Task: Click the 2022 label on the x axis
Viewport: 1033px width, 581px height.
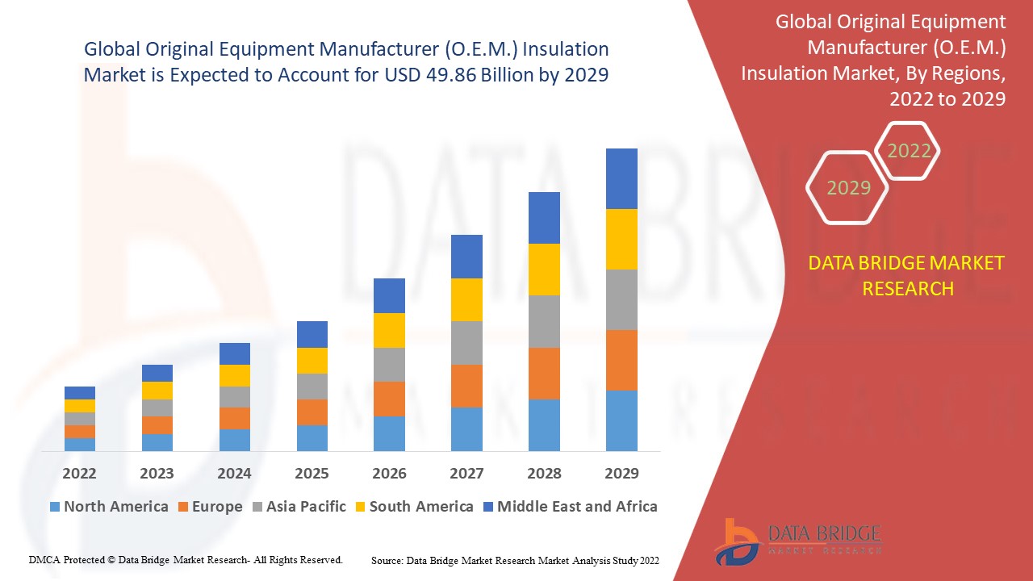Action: tap(79, 473)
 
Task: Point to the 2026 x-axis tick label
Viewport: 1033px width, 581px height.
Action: tap(389, 473)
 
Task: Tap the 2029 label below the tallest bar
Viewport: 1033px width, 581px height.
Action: tap(621, 473)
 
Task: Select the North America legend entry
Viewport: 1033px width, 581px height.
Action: tap(109, 507)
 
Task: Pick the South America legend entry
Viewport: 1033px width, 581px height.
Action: tap(413, 507)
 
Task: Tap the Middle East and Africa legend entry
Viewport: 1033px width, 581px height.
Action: tap(569, 507)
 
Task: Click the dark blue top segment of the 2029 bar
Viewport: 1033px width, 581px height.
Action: tap(621, 178)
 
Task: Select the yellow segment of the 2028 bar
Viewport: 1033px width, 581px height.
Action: tap(544, 269)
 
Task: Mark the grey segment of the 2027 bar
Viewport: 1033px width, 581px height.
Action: tap(466, 343)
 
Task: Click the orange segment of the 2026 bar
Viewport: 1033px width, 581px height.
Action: tap(389, 399)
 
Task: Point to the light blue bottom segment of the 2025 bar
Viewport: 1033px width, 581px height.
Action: tap(312, 437)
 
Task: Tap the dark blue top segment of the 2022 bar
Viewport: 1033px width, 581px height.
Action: tap(79, 393)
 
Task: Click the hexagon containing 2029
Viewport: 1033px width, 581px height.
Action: tap(847, 188)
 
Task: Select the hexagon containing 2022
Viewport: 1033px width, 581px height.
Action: tap(909, 151)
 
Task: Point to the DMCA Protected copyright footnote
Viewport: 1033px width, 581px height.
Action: tap(186, 559)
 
